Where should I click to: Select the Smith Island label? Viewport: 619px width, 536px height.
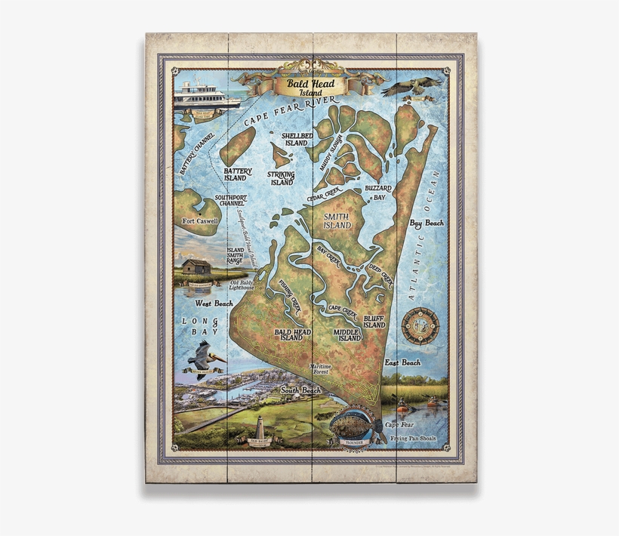coord(337,220)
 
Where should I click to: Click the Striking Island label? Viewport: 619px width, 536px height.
coord(282,178)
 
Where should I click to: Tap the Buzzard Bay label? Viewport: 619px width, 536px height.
coord(377,191)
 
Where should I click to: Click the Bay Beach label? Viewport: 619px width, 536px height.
coord(427,223)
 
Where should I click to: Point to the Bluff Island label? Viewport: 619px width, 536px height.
coord(374,322)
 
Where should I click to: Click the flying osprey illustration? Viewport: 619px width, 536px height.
coord(411,85)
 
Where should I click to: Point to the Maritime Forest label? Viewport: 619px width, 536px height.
coord(325,368)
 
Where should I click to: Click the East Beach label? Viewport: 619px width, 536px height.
coord(402,362)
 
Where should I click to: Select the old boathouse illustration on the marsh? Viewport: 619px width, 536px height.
coord(196,267)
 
